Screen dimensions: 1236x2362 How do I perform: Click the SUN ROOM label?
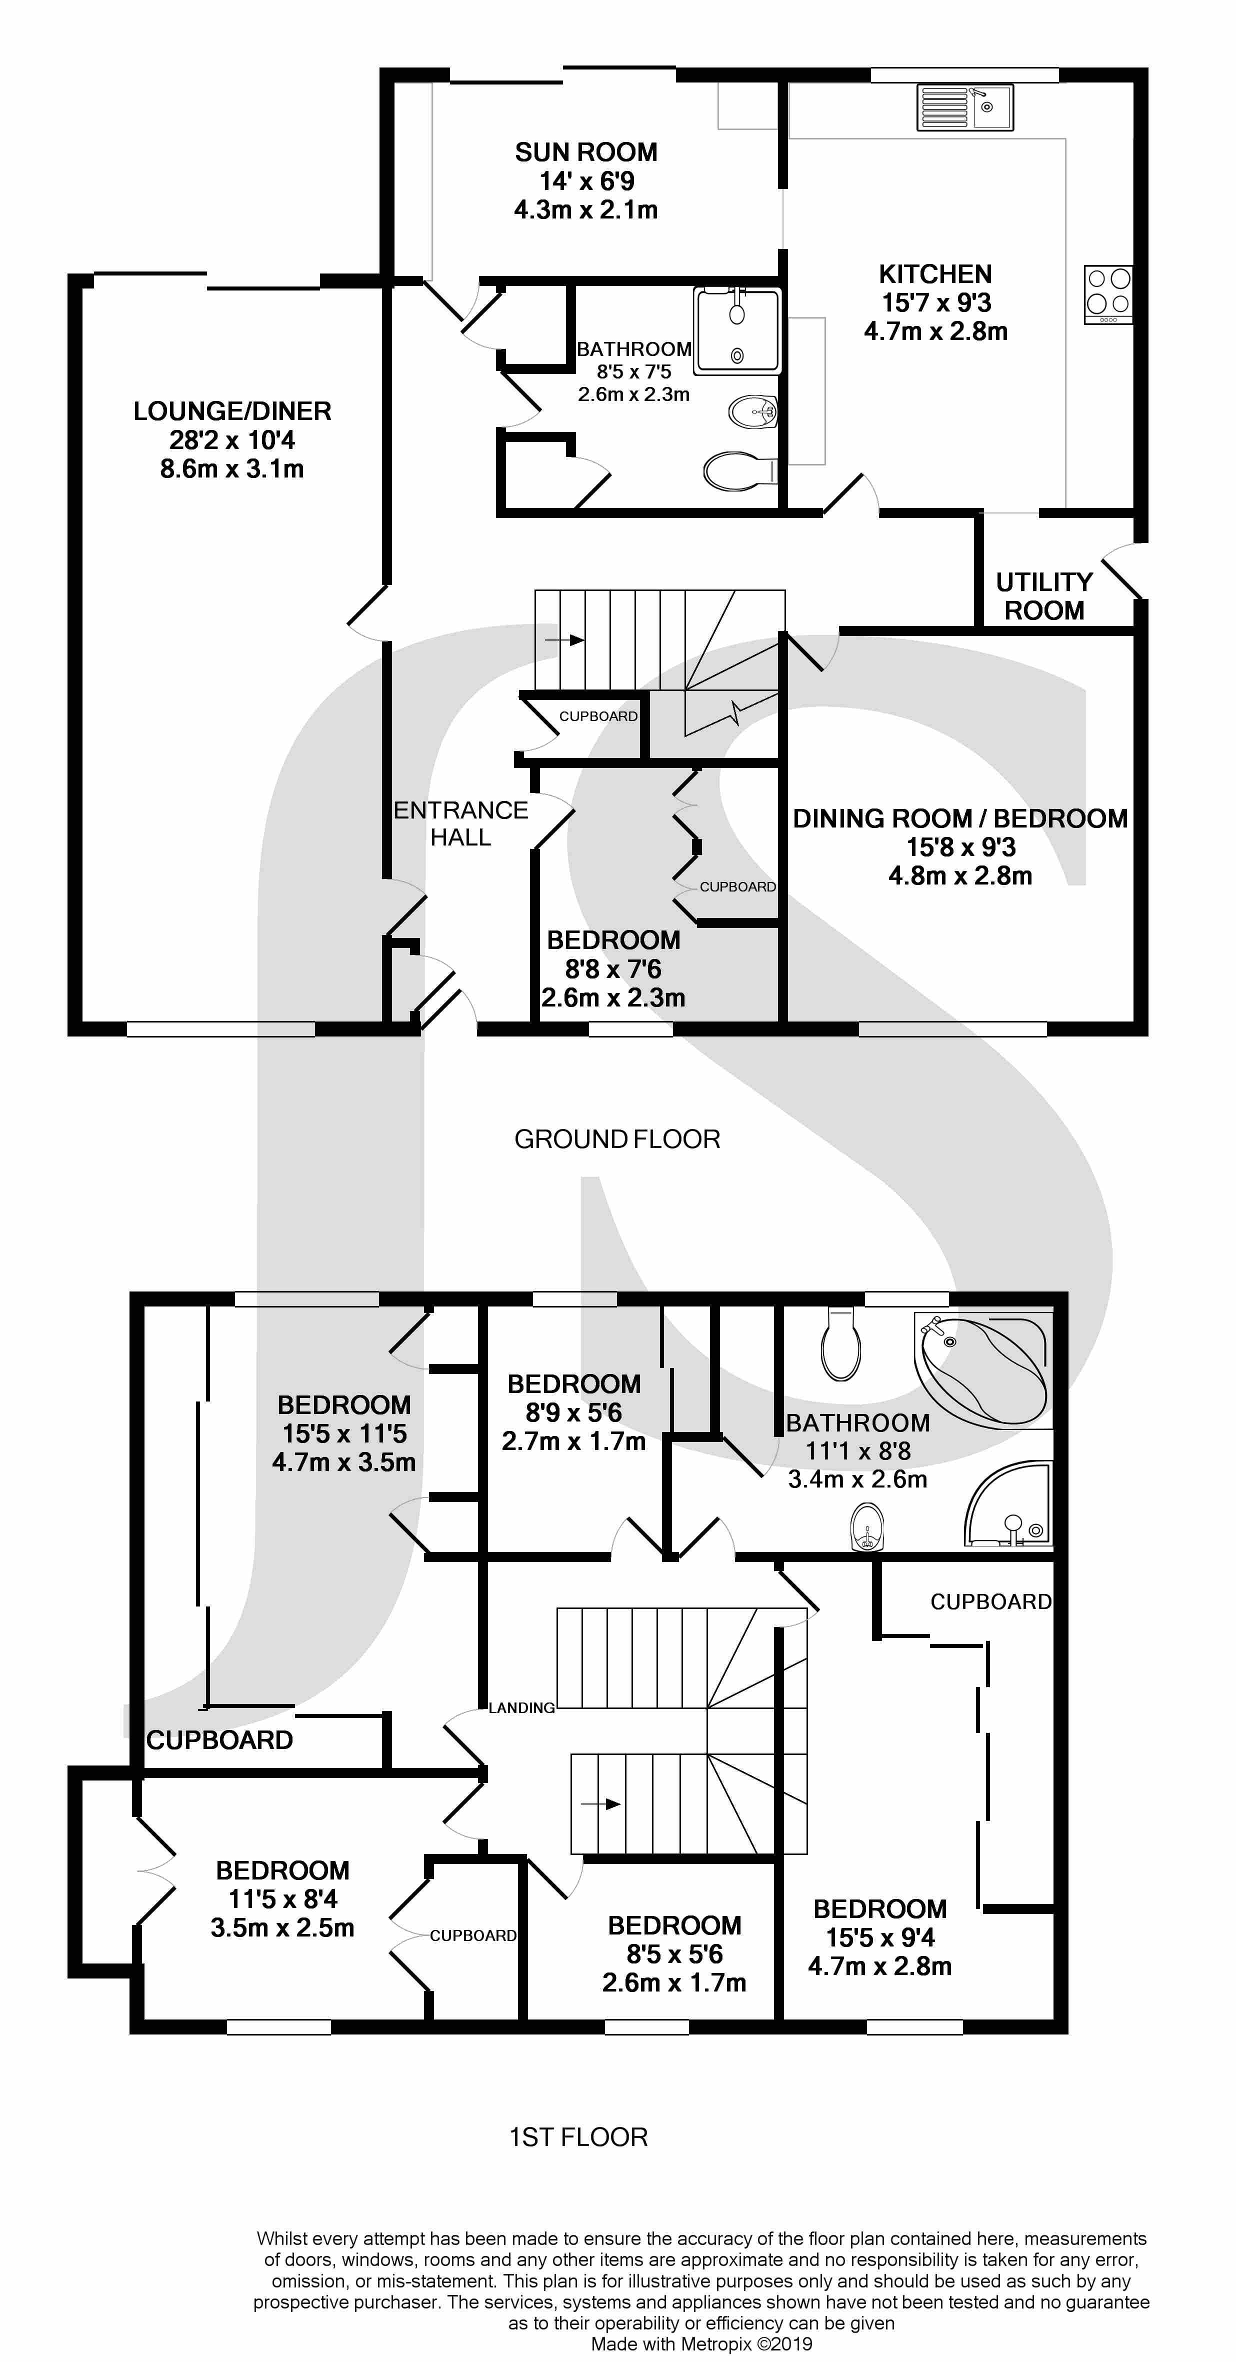pyautogui.click(x=586, y=152)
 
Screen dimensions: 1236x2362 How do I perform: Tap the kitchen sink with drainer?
pyautogui.click(x=964, y=107)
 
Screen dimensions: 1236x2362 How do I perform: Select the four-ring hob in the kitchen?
pyautogui.click(x=1107, y=293)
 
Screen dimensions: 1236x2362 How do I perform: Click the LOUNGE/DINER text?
pyautogui.click(x=232, y=411)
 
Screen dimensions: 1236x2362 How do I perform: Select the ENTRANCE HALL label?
pyautogui.click(x=460, y=823)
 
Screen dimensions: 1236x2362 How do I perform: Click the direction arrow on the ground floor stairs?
pyautogui.click(x=564, y=639)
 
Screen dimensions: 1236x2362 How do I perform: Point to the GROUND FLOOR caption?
pyautogui.click(x=617, y=1139)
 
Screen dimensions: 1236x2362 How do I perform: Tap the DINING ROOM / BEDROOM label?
pyautogui.click(x=960, y=819)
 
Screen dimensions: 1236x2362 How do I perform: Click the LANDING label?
pyautogui.click(x=521, y=1707)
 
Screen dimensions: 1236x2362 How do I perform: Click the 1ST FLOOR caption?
pyautogui.click(x=578, y=2137)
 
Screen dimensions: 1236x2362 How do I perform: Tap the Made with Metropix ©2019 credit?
pyautogui.click(x=701, y=2343)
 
